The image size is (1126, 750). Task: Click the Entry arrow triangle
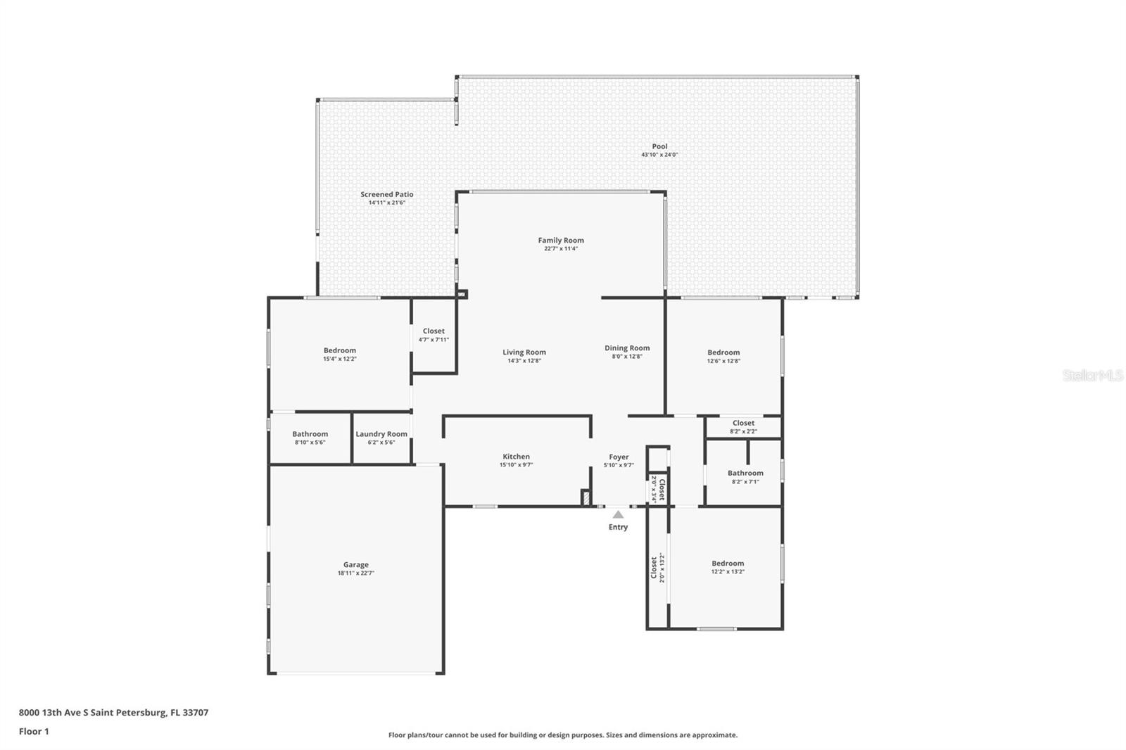pos(619,515)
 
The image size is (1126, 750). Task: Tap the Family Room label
pos(561,241)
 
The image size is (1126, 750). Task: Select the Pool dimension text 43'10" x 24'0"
pos(659,155)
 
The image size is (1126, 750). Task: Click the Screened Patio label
pos(387,194)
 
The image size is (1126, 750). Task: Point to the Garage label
pos(356,564)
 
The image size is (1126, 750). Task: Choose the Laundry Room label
pos(381,434)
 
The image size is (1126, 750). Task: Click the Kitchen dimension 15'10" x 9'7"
pos(517,465)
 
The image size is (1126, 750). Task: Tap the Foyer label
pos(619,457)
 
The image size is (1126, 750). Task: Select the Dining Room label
pos(627,348)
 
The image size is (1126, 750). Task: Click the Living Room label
pos(524,352)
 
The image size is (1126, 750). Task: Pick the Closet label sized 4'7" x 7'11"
pos(434,331)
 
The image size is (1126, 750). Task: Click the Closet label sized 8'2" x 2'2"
pos(743,423)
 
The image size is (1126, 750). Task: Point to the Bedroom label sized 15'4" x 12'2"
pos(340,350)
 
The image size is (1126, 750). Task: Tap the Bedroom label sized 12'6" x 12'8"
pos(724,352)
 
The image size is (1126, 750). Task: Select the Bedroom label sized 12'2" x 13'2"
pos(728,564)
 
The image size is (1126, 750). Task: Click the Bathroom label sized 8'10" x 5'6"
pos(310,434)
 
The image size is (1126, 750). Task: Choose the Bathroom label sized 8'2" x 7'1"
pos(745,473)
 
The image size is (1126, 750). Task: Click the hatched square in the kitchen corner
pos(586,497)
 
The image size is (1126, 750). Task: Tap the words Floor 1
pos(34,732)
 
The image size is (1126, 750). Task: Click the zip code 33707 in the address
pos(196,712)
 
